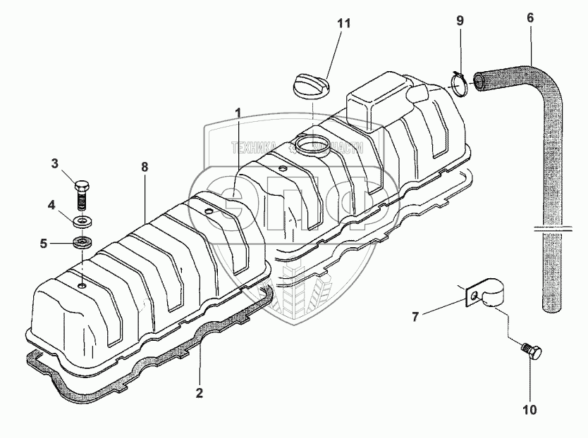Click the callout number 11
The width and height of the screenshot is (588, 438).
coord(343,23)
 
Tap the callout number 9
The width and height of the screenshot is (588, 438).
coord(460,21)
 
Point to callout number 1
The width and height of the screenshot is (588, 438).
coord(238,113)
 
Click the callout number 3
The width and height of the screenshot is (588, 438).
coord(54,164)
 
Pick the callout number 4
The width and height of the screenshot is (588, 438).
coord(51,206)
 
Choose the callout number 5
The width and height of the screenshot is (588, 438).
coord(43,244)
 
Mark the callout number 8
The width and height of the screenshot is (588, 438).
coord(144,167)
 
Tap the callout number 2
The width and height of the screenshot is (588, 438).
coord(200,392)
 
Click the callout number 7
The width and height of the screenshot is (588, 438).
coord(416,317)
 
